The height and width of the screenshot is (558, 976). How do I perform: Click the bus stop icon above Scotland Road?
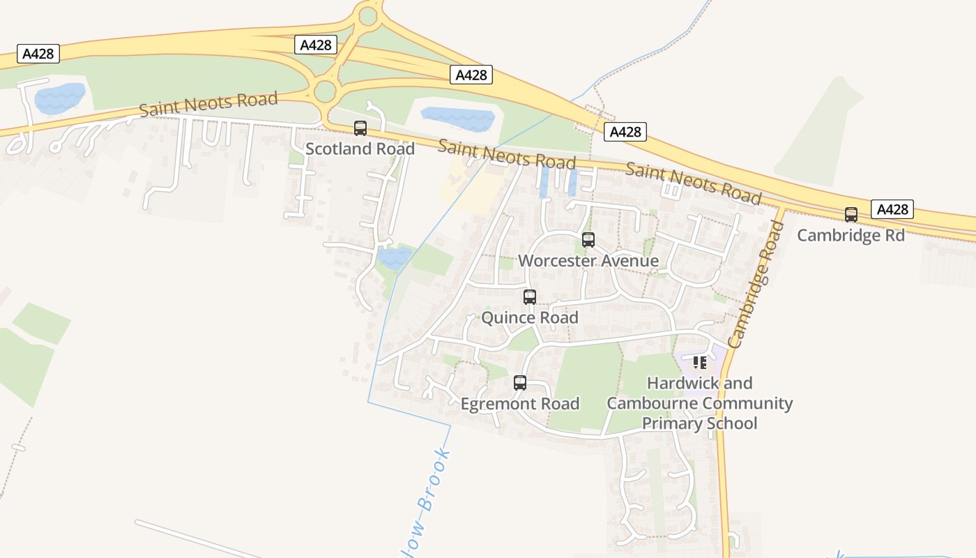[360, 128]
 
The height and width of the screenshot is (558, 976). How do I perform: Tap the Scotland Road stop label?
[360, 149]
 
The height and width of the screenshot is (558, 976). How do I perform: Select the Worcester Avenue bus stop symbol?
[588, 241]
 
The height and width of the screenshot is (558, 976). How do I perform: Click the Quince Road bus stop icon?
[530, 297]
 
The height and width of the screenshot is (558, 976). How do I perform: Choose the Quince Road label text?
[530, 318]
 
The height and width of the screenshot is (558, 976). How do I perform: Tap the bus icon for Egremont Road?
[520, 383]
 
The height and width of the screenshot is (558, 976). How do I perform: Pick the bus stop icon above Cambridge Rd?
[851, 215]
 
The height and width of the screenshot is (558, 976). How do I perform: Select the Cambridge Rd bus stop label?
[851, 235]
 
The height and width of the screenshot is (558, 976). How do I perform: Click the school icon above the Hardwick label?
[700, 363]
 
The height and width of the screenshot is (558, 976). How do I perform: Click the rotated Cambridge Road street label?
[756, 285]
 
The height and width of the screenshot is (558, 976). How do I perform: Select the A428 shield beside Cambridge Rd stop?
[892, 209]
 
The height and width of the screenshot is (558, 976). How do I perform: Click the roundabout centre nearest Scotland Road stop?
[325, 91]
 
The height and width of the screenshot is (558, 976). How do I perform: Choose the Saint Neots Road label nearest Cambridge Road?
[693, 182]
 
